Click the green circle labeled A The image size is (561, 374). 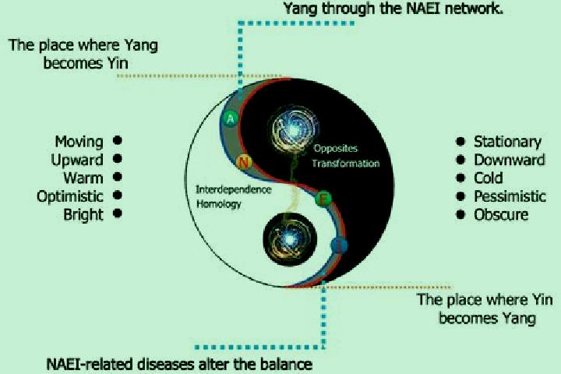231,118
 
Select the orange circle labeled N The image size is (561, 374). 244,163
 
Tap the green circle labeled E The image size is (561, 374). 323,199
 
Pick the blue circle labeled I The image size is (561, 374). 339,245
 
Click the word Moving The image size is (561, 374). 79,142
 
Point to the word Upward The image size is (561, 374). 77,160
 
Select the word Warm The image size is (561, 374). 83,178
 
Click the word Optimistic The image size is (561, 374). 70,196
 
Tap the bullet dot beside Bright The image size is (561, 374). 118,213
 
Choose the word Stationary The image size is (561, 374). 507,142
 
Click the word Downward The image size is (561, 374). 510,160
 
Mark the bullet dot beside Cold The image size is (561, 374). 460,178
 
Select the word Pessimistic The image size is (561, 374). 510,196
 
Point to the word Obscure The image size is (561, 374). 501,215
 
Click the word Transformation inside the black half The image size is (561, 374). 346,164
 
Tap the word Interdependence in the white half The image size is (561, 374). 233,189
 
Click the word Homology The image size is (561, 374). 219,204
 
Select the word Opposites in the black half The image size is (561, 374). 336,148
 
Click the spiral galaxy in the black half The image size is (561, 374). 294,130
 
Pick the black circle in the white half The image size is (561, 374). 290,239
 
